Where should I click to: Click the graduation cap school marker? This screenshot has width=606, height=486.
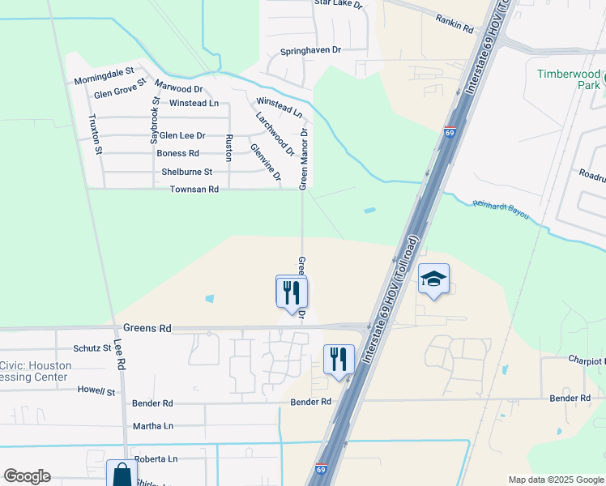(433, 280)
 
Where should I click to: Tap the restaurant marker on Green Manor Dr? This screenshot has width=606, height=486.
(292, 292)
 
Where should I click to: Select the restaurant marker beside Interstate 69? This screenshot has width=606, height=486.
(338, 358)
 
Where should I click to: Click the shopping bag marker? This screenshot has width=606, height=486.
(122, 473)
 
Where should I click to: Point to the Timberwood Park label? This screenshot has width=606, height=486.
(569, 79)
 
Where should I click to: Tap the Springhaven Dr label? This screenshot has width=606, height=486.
(311, 50)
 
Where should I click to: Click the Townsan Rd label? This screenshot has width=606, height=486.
(194, 190)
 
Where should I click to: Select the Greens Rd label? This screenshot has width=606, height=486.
(147, 329)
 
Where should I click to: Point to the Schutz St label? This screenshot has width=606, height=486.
(92, 348)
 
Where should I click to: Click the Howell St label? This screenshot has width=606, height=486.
(97, 390)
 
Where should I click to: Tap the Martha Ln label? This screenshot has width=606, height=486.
(153, 426)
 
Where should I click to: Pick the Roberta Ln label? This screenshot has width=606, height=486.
(156, 458)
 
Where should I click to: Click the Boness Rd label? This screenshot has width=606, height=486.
(178, 153)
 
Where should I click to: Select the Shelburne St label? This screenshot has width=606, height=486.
(186, 172)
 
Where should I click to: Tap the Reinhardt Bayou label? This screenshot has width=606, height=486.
(501, 211)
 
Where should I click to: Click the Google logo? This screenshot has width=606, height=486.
(27, 476)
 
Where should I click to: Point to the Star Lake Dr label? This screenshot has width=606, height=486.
(338, 4)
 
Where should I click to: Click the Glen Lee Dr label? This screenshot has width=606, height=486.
(182, 135)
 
